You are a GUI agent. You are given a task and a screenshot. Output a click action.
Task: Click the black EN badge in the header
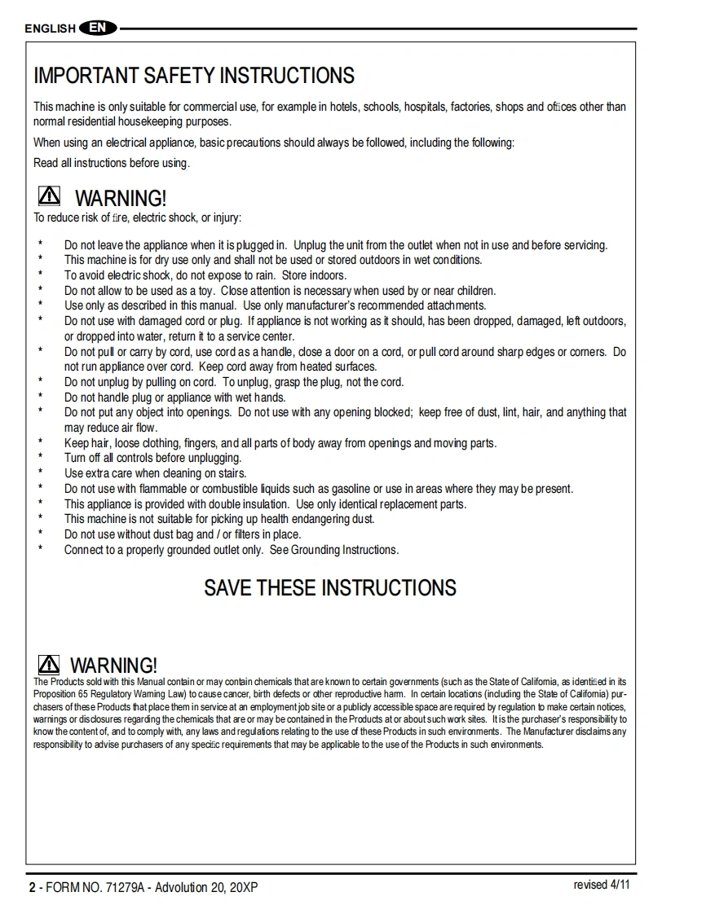click(98, 29)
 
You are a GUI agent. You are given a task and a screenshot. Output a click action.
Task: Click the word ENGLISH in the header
click(50, 29)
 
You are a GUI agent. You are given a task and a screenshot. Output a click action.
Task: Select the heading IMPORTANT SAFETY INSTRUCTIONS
click(194, 76)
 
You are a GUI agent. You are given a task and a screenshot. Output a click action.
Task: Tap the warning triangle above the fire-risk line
click(49, 196)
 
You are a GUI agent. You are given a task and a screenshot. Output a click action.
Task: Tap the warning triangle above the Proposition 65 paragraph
click(49, 664)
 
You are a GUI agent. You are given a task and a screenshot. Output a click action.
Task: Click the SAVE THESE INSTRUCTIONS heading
click(330, 588)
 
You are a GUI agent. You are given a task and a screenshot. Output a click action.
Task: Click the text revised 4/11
click(602, 885)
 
